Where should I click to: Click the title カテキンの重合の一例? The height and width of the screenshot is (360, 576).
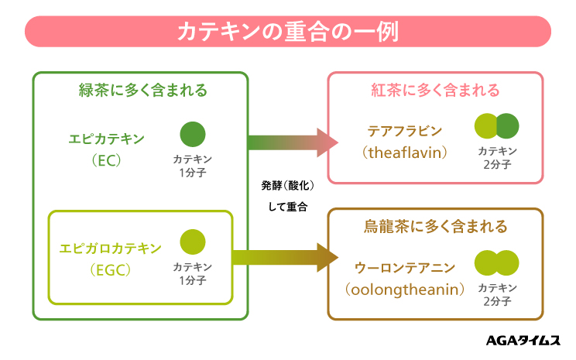(x=288, y=33)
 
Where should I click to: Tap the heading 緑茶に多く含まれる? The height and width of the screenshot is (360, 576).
(x=143, y=91)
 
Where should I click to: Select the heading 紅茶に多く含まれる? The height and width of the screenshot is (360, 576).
(x=434, y=91)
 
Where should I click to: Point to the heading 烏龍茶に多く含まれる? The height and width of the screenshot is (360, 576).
(x=436, y=227)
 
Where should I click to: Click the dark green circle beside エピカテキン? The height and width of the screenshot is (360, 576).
(x=193, y=135)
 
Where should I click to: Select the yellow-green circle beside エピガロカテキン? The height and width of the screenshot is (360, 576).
(x=193, y=242)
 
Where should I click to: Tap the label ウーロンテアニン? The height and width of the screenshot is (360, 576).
(x=405, y=267)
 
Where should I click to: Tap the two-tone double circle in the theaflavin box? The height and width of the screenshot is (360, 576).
(x=496, y=125)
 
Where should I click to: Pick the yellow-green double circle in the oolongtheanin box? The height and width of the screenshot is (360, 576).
(x=496, y=262)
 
